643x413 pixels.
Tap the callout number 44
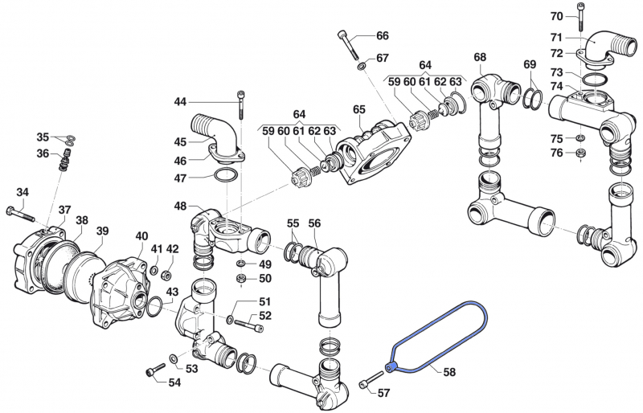coord(180,101)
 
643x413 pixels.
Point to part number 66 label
coord(382,36)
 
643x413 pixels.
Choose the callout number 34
coord(23,192)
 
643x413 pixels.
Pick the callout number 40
coord(141,236)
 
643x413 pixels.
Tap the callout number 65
coord(358,109)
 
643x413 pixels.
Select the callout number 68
coord(480,57)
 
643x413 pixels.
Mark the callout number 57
coord(383,393)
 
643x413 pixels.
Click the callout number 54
coord(174,382)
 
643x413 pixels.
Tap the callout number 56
coord(314,223)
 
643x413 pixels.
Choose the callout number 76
coord(556,153)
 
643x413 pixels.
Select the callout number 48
coord(180,206)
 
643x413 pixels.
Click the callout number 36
coord(43,153)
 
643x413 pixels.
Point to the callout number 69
coord(529,64)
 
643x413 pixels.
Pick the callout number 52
coord(265,316)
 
